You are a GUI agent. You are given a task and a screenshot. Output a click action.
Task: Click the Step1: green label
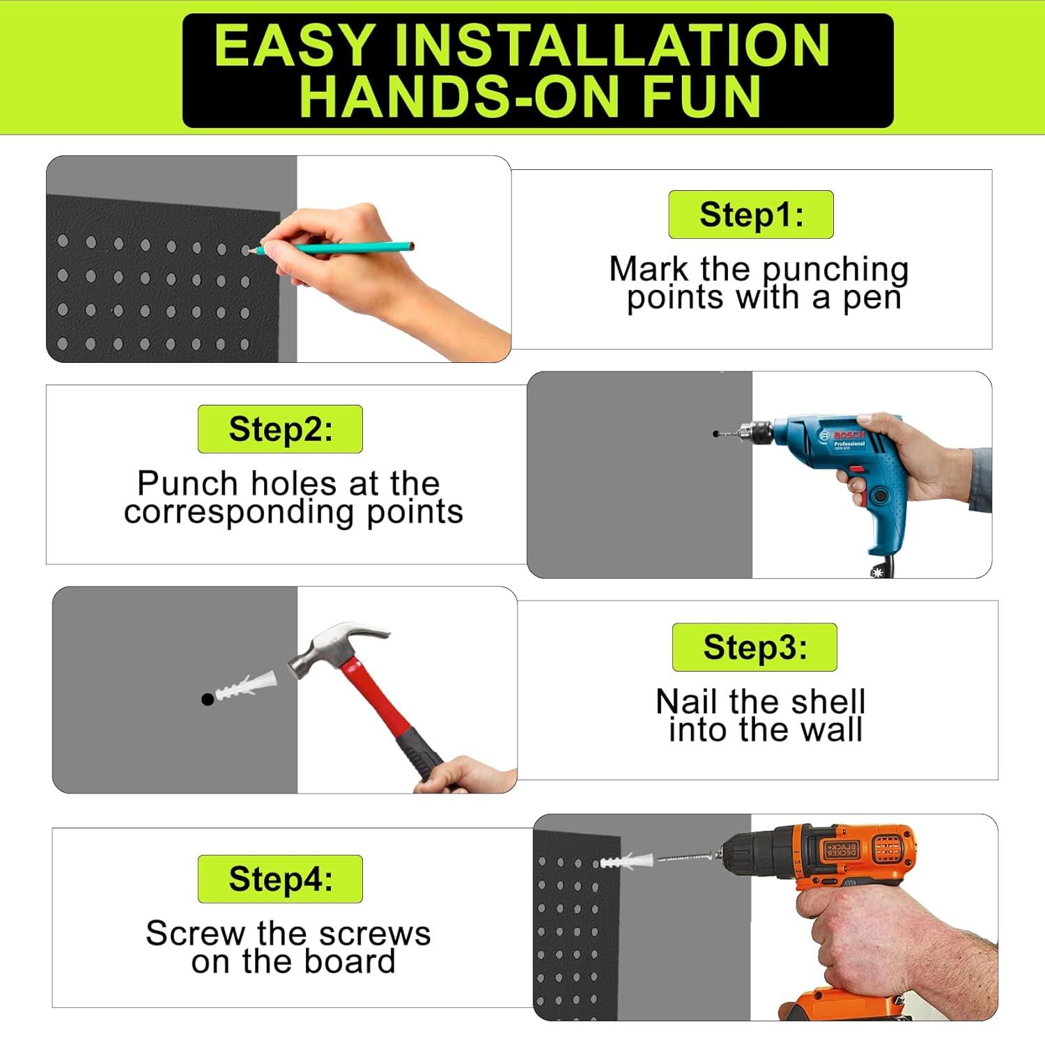pos(751,215)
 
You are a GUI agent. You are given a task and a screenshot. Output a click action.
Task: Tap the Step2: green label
pos(280,429)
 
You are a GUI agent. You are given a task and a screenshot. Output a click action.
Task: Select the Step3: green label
pos(754,647)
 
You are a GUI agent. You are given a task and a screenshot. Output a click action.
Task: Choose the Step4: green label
pos(280,879)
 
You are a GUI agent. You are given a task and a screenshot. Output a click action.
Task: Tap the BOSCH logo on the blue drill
pos(849,435)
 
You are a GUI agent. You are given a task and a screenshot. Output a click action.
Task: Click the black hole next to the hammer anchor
pos(207,699)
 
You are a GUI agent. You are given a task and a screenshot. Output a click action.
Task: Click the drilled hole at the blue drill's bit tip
pos(715,433)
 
